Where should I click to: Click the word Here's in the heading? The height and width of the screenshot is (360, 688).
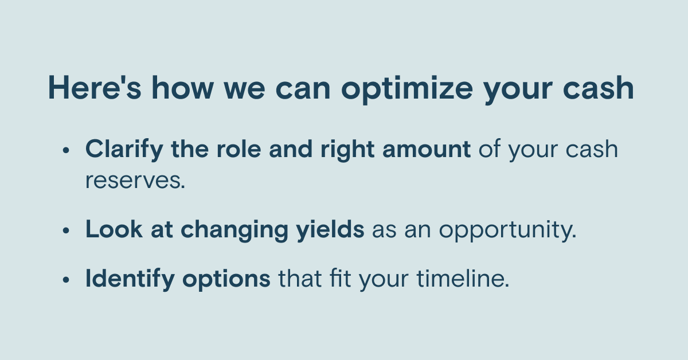pyautogui.click(x=95, y=88)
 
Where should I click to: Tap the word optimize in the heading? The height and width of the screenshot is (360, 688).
pyautogui.click(x=407, y=90)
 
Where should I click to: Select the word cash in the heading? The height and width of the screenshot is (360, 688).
pyautogui.click(x=599, y=88)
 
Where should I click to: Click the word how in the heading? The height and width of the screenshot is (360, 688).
pyautogui.click(x=182, y=88)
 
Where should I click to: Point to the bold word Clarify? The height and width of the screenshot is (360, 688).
pyautogui.click(x=124, y=150)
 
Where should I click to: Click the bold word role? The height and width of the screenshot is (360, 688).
pyautogui.click(x=239, y=149)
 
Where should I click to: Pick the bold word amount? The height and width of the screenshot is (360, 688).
pyautogui.click(x=427, y=150)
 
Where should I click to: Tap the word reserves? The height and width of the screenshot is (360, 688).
pyautogui.click(x=135, y=181)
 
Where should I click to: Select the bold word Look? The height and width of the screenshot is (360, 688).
pyautogui.click(x=114, y=229)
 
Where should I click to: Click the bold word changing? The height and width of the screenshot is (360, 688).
pyautogui.click(x=234, y=230)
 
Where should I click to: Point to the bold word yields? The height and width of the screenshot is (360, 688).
pyautogui.click(x=330, y=230)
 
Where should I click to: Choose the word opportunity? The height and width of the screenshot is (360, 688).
pyautogui.click(x=507, y=231)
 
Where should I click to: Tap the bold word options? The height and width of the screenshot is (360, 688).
pyautogui.click(x=226, y=280)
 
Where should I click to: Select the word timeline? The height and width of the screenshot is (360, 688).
pyautogui.click(x=463, y=278)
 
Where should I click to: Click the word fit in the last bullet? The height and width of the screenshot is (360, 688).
pyautogui.click(x=340, y=278)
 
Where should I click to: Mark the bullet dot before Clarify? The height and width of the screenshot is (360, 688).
pyautogui.click(x=66, y=150)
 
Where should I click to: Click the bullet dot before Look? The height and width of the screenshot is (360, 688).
pyautogui.click(x=66, y=230)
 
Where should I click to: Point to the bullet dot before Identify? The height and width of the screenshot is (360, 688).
pyautogui.click(x=66, y=280)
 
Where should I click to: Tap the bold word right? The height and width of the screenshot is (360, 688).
pyautogui.click(x=347, y=151)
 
